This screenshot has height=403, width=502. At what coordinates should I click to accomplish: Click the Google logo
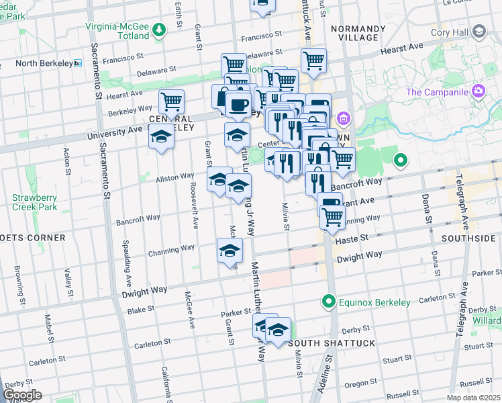[x=22, y=394]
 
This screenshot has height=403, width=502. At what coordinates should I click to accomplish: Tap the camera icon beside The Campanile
[x=477, y=90]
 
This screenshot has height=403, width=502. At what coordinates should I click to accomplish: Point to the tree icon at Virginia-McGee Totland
[x=158, y=29]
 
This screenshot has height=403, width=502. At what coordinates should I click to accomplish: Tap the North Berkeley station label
[x=41, y=64]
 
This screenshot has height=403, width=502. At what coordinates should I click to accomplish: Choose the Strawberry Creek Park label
[x=36, y=202]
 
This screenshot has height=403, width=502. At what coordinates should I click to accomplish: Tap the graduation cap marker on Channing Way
[x=230, y=252]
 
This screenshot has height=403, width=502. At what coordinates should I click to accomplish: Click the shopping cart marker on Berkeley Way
[x=172, y=103]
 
